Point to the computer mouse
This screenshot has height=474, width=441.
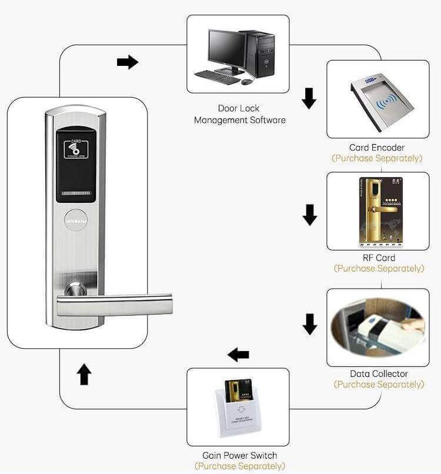(x=246, y=81)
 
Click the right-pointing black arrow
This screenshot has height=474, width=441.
(x=127, y=62)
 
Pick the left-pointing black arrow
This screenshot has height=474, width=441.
(x=238, y=355)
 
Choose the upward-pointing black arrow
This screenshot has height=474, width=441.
(x=85, y=374)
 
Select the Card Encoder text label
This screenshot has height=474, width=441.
(x=377, y=148)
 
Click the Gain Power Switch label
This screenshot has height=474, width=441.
(x=239, y=455)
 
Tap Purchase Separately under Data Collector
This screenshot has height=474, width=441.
(x=379, y=384)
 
